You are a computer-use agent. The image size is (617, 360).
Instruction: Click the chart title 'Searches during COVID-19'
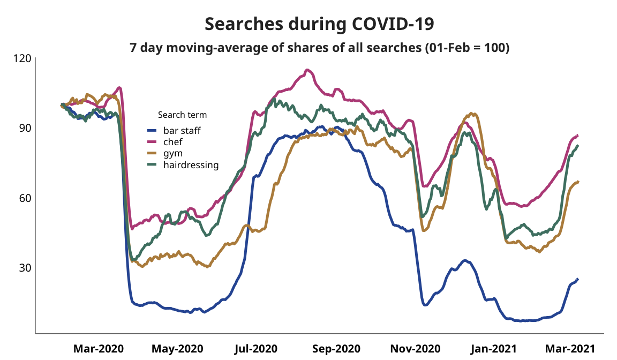pos(319,24)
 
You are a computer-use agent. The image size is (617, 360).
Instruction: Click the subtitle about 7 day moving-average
pos(319,47)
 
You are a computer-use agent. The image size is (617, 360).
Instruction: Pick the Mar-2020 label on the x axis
pos(99,349)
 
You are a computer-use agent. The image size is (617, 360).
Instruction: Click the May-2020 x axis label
pos(177,349)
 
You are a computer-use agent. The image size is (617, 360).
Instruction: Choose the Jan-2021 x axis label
pos(494,349)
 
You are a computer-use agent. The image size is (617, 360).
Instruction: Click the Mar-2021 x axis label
pos(570,349)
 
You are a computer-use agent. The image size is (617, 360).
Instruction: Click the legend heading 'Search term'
pos(182,115)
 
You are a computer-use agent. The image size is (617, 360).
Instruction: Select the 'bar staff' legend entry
pos(182,130)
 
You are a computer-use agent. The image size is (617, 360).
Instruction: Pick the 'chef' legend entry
pos(172,142)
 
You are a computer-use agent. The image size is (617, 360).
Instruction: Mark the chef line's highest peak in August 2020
pos(307,70)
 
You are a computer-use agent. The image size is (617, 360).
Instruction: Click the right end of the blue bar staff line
pos(577,279)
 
